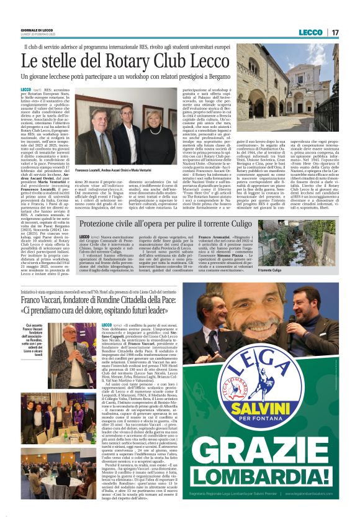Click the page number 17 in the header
pyautogui.click(x=334, y=32)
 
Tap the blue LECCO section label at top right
pyautogui.click(x=310, y=32)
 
